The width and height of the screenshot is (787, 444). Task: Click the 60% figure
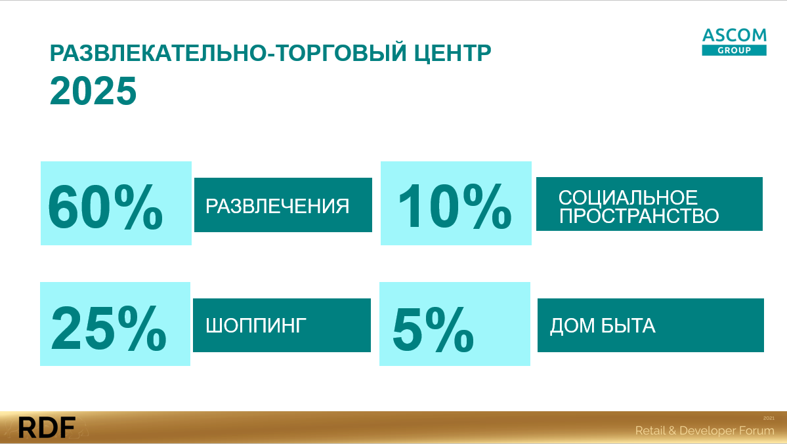point(106,206)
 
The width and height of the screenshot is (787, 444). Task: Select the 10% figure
point(455,206)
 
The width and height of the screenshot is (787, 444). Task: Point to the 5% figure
point(433,329)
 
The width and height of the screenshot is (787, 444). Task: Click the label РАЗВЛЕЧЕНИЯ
point(278,206)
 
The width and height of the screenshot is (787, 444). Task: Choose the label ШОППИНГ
point(256,325)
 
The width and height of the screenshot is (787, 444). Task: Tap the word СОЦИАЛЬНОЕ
point(628,197)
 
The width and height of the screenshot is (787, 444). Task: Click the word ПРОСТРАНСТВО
point(639,216)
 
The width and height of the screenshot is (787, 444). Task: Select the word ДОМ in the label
point(572,326)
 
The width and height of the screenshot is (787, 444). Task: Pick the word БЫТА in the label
point(628,326)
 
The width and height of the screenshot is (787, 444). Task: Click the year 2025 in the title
point(93,91)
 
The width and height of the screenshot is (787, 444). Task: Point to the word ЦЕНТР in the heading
point(453,53)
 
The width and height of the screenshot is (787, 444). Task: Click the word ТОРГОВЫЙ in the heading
point(341,52)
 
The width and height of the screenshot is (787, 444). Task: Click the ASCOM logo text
point(734,35)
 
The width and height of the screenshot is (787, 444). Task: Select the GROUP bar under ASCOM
point(734,50)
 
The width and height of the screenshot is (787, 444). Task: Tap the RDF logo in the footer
point(47,428)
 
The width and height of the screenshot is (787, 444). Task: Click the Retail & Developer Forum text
point(705,430)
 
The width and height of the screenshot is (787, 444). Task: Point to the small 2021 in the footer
point(769,418)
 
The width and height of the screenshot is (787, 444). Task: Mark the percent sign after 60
point(138,206)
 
